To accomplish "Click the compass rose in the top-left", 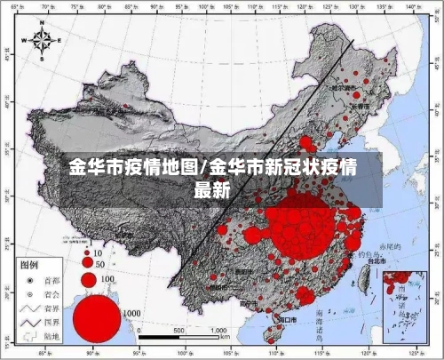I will point(42,40).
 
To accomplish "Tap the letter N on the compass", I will point(42,27).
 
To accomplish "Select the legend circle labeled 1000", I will point(96,317).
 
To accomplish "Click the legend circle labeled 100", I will point(88,280).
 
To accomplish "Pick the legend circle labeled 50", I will point(87,264).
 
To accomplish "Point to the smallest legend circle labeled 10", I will point(87,253).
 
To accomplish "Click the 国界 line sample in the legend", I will point(28,322).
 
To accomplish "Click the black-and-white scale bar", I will point(178,337).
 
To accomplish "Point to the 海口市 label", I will point(286,318).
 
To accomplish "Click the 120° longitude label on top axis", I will point(307,7).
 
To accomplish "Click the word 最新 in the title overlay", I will point(212,188).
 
